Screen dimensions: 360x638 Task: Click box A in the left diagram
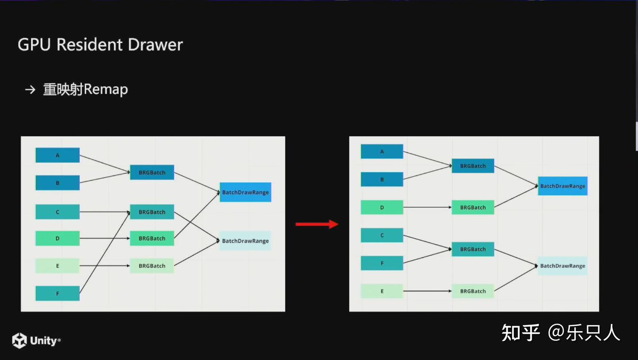click(58, 155)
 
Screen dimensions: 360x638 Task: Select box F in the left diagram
click(58, 293)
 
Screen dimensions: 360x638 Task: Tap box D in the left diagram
click(58, 239)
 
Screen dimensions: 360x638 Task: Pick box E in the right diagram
click(382, 291)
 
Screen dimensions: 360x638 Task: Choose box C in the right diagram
click(382, 235)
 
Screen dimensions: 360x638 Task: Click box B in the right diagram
click(382, 180)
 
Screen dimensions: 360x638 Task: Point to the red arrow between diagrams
click(317, 224)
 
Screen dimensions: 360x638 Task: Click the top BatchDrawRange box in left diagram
click(245, 192)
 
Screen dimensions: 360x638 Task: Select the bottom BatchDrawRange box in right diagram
click(562, 266)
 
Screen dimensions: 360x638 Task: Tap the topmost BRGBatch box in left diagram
click(152, 172)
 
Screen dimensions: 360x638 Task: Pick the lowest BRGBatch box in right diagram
click(473, 291)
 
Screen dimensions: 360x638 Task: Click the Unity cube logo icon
click(19, 340)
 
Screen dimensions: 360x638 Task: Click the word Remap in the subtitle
click(106, 90)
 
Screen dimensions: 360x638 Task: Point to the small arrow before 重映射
click(30, 90)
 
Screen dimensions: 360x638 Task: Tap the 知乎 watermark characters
click(521, 333)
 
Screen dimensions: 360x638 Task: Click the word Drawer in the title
click(155, 45)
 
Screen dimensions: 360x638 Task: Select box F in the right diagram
click(382, 263)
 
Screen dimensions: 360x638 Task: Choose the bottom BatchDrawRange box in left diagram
click(245, 241)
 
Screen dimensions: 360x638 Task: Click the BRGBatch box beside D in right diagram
click(473, 207)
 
